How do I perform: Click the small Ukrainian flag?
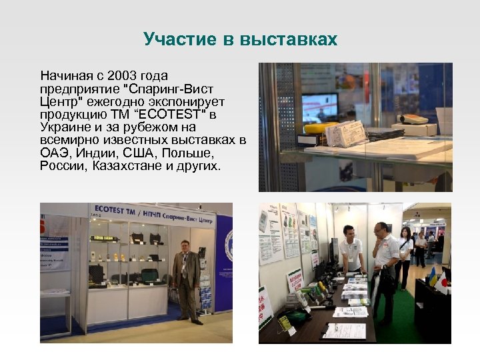pyautogui.click(x=433, y=276)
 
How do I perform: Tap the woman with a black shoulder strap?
pyautogui.click(x=404, y=256)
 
